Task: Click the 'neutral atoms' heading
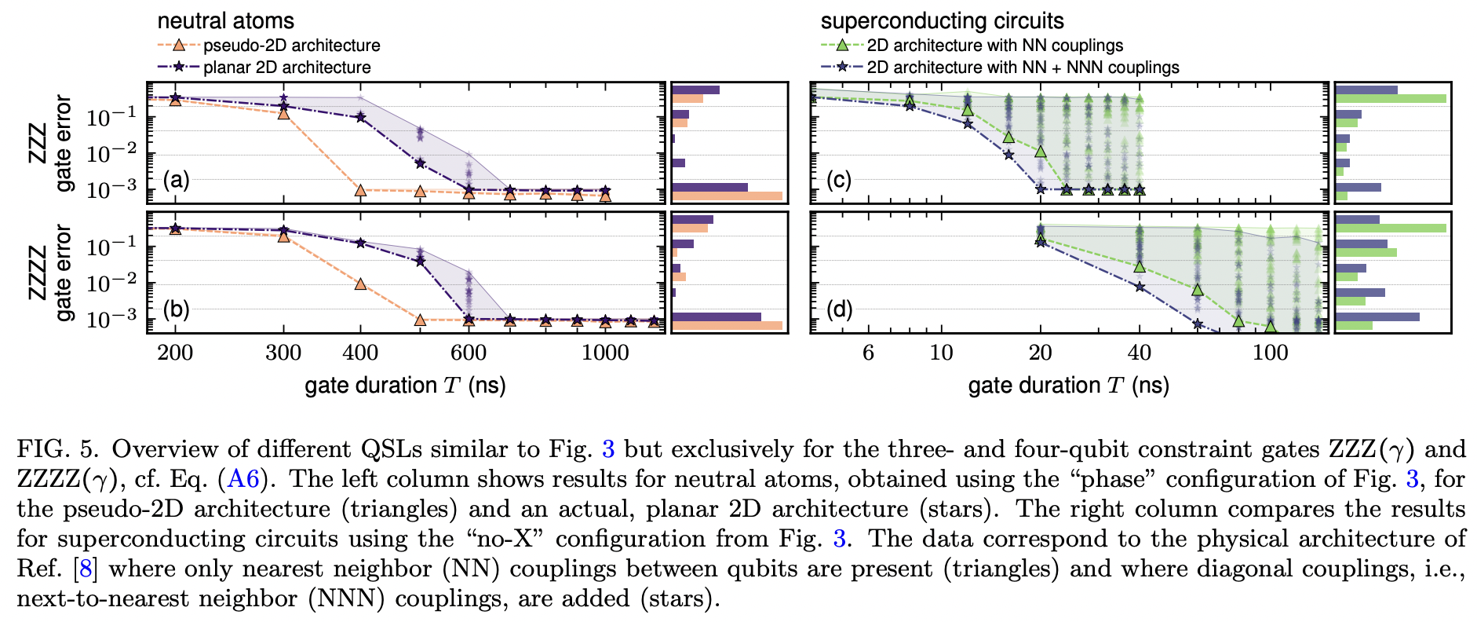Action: (225, 20)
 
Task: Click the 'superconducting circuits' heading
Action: (942, 20)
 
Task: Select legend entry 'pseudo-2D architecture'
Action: (291, 46)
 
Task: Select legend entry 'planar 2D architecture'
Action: (286, 68)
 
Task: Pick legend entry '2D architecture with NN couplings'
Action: (994, 46)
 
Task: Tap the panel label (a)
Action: (176, 181)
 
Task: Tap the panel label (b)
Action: (176, 309)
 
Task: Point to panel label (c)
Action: (839, 181)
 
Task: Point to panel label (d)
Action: (839, 309)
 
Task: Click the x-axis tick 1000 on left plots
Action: (605, 353)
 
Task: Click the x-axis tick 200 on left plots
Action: (175, 353)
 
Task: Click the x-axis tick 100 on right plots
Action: (1270, 353)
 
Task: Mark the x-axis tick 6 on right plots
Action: (868, 353)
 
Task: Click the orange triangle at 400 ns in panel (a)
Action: (360, 190)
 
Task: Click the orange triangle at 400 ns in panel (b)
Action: (360, 284)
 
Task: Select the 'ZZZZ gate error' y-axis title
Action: (50, 273)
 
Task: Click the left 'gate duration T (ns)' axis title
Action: (405, 386)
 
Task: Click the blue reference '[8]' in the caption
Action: (86, 569)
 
